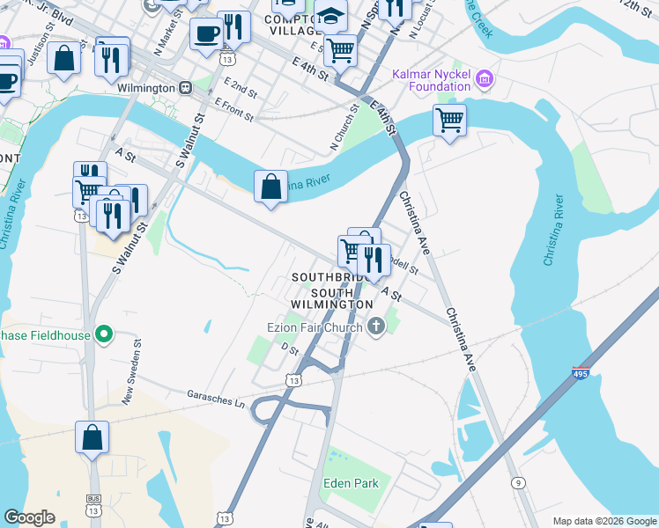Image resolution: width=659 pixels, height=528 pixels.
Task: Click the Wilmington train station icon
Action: pos(186,88)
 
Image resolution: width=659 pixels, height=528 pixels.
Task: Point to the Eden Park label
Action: pos(350,483)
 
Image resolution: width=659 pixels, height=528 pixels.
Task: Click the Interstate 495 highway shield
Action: pos(581,374)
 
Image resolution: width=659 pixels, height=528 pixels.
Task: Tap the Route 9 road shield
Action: pos(517,482)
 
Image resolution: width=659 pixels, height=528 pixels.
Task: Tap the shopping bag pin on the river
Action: pos(270,187)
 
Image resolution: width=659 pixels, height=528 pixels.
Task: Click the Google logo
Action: pos(30,517)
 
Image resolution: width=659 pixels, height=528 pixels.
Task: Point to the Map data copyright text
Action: pos(604,521)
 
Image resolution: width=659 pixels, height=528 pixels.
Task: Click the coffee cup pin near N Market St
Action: pos(206,34)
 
